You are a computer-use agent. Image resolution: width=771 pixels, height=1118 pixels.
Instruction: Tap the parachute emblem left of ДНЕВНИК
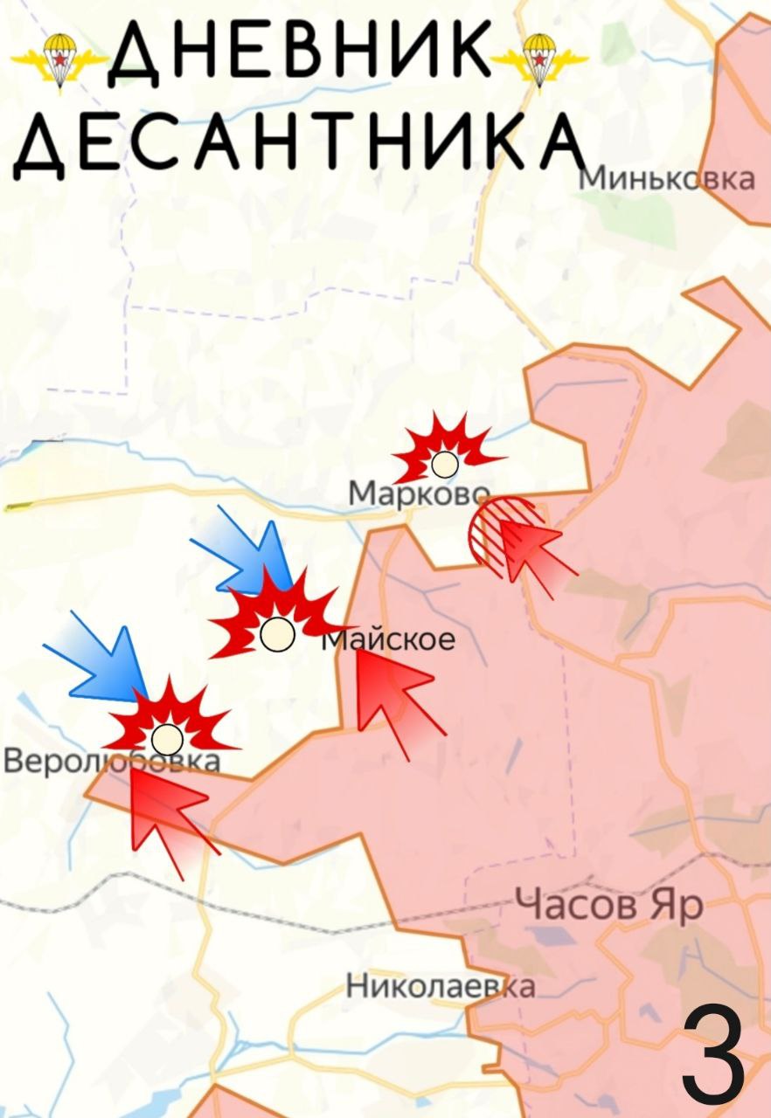(x=59, y=59)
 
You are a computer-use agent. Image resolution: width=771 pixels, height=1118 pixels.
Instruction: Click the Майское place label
(x=390, y=639)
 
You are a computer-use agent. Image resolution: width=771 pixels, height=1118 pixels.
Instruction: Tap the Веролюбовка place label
(x=112, y=762)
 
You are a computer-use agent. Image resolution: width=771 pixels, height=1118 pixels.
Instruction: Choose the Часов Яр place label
(x=608, y=905)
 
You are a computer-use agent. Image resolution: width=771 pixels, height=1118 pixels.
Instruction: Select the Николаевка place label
(x=441, y=986)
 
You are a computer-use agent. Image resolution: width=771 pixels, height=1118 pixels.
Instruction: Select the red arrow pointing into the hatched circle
(x=537, y=555)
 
